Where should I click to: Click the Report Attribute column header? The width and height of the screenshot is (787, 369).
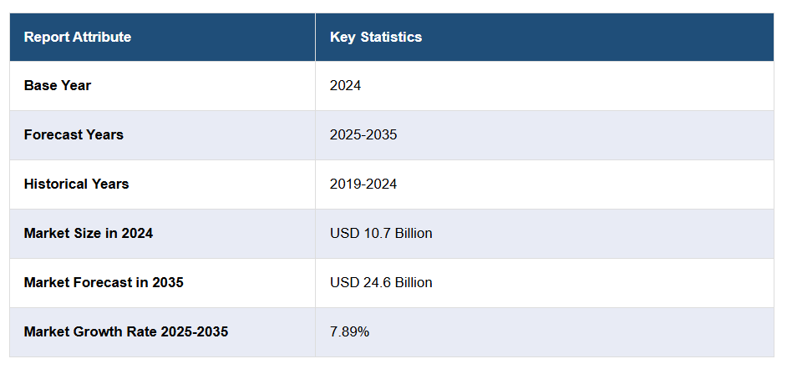(x=77, y=37)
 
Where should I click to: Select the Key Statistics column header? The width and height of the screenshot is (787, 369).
(x=375, y=37)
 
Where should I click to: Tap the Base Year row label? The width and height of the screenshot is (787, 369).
(x=57, y=85)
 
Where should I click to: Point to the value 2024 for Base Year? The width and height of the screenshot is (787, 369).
(x=345, y=85)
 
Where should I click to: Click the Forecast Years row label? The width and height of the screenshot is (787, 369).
(x=74, y=134)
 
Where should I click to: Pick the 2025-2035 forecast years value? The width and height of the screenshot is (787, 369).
(x=363, y=134)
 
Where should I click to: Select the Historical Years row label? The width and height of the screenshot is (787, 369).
(x=76, y=184)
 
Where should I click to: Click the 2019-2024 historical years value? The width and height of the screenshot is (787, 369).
(x=363, y=184)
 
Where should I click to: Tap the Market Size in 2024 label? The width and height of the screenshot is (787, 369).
(x=88, y=233)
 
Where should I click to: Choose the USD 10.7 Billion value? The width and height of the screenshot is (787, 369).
(x=381, y=233)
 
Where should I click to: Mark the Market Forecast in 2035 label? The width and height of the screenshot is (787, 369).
(x=104, y=282)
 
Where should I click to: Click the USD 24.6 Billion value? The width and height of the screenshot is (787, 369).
(x=381, y=282)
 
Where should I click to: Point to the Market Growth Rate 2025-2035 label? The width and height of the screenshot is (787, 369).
(x=125, y=331)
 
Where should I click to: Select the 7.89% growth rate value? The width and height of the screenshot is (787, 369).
(x=349, y=331)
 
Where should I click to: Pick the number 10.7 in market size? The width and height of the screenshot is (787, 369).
(x=372, y=233)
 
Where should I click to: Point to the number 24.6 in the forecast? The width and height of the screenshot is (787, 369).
(x=372, y=282)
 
